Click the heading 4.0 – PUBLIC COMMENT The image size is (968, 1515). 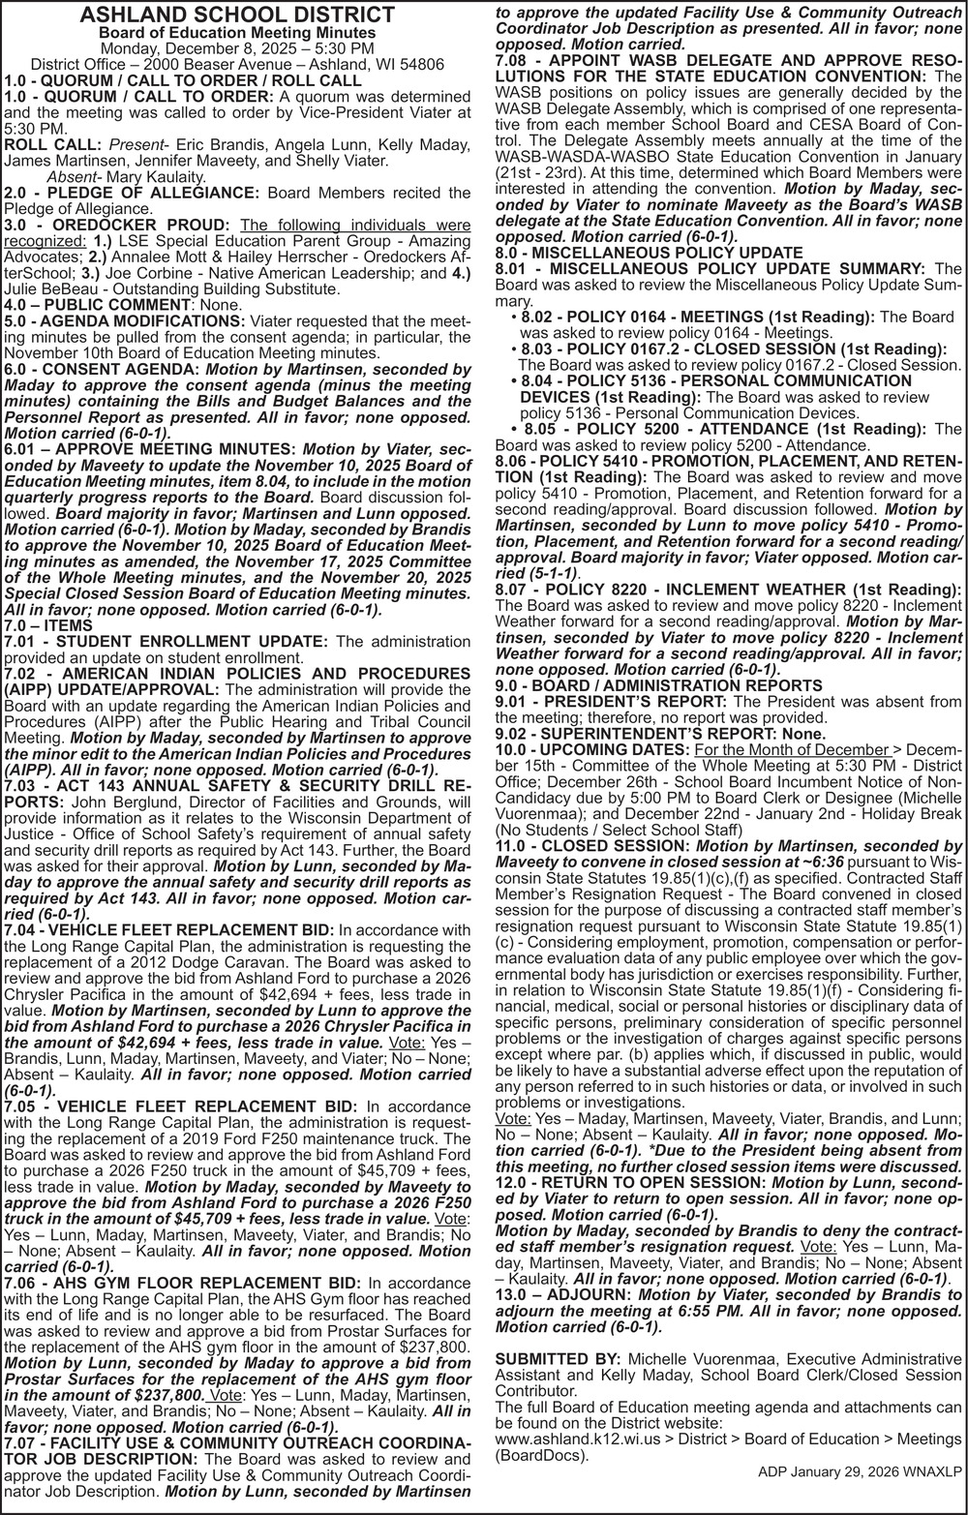[97, 304]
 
